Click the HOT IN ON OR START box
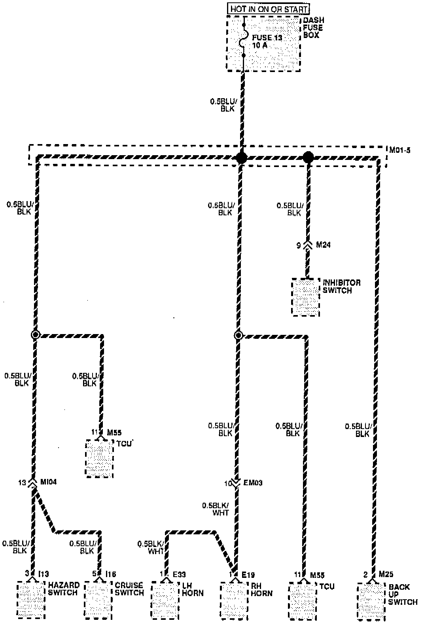268,8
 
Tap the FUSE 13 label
267,38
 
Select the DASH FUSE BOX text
313,28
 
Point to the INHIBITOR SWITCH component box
305,297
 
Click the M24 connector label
323,245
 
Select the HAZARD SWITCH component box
31,600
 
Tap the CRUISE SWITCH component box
99,600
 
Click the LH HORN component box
165,600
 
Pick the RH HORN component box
234,600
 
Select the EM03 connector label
254,483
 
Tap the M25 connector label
386,574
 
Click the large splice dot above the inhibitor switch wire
308,158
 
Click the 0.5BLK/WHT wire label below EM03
215,509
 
